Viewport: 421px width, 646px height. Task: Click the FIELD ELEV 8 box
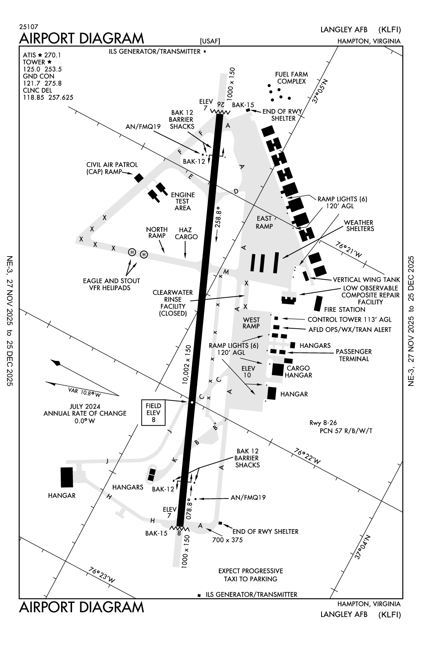[x=154, y=413]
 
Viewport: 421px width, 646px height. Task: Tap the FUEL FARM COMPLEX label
[x=291, y=78]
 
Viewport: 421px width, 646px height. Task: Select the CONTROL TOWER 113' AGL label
[x=349, y=320]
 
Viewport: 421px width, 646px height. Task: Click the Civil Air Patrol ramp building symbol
[x=139, y=178]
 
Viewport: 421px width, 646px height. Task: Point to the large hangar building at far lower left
[x=67, y=477]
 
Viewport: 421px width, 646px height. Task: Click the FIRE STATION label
[x=345, y=309]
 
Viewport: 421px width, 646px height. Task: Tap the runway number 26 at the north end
[x=220, y=104]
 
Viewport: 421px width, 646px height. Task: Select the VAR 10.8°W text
[x=84, y=391]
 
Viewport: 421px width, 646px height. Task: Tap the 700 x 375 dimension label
[x=227, y=540]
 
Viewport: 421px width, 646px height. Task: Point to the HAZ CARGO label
[x=186, y=233]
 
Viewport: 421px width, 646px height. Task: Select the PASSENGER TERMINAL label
[x=354, y=355]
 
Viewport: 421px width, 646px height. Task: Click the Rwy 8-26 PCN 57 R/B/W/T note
[x=340, y=427]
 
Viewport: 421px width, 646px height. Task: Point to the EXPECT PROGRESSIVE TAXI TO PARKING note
[x=250, y=575]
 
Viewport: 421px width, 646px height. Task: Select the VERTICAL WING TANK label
[x=366, y=280]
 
